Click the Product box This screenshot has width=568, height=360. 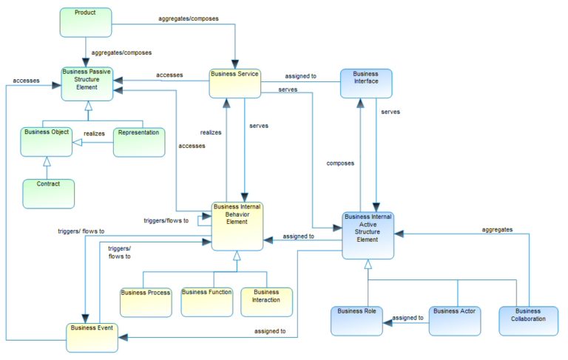85,22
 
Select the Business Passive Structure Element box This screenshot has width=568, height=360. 87,82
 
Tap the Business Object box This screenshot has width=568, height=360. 46,141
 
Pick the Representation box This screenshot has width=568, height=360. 138,142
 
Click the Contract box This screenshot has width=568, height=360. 49,192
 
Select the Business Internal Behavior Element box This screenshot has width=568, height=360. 237,225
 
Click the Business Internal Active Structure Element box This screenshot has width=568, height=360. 368,235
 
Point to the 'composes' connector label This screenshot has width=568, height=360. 340,163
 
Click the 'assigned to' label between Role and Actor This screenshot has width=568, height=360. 408,318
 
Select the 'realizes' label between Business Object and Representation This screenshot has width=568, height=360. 93,134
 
